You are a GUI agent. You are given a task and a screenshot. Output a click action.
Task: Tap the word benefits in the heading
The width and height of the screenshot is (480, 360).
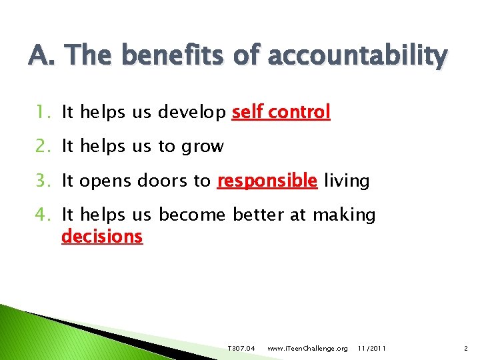[x=173, y=55]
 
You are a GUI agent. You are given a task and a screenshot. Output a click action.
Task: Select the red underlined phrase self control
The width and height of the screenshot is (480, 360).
[x=281, y=112]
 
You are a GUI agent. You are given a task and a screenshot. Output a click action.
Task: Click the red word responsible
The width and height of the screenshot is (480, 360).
[x=267, y=180]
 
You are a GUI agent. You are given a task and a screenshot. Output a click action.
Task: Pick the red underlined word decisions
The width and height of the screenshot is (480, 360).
[x=102, y=236]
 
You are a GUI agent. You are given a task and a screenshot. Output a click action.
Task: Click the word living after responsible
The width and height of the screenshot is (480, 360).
[x=347, y=181]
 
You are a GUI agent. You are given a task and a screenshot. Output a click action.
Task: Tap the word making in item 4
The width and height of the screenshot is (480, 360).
[x=344, y=215]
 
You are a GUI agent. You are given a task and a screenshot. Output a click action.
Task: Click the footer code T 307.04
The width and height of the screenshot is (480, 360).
[x=241, y=349]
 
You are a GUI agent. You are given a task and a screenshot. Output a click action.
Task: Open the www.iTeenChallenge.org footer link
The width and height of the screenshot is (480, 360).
[x=307, y=349]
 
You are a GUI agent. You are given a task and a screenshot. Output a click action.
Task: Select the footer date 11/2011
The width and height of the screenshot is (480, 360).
[x=371, y=349]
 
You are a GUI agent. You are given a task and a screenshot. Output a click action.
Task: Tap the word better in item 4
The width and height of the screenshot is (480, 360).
[x=263, y=214]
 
